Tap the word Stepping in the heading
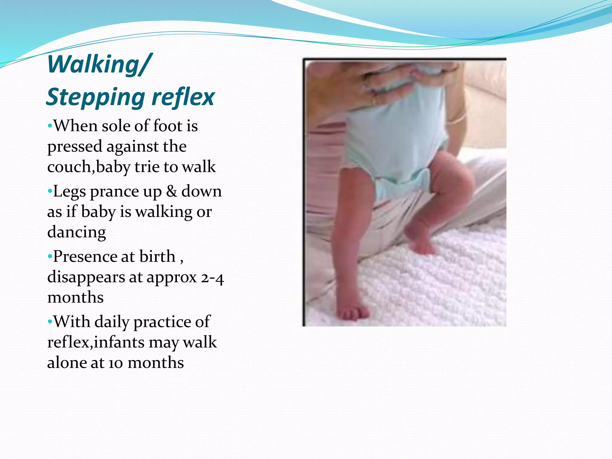[x=95, y=97]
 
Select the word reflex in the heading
[x=183, y=97]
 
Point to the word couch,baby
[x=88, y=167]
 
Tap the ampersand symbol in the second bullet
[x=172, y=191]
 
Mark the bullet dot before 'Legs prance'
[x=50, y=191]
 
